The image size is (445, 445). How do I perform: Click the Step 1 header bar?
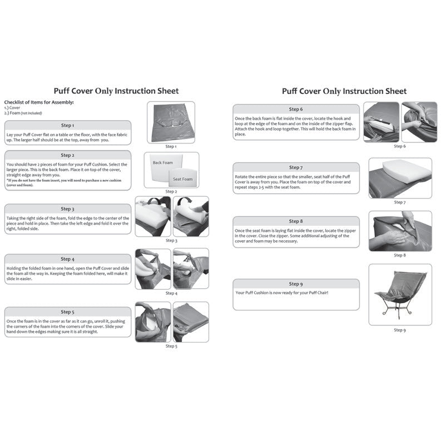[x=67, y=126]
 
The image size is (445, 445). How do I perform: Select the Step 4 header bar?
[x=67, y=259]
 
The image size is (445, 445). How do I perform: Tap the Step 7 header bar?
[x=296, y=167]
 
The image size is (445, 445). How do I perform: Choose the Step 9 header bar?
[x=296, y=284]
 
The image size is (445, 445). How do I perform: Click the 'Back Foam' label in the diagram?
[x=163, y=162]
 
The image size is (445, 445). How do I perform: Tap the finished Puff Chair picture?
[x=400, y=294]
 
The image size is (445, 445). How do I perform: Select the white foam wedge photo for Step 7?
[x=400, y=177]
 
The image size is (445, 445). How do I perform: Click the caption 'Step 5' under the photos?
[x=171, y=346]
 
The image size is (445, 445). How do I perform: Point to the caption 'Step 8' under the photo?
[x=400, y=255]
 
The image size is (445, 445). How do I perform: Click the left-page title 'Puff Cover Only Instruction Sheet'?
[x=116, y=91]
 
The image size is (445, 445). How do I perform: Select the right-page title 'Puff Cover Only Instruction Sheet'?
[x=344, y=91]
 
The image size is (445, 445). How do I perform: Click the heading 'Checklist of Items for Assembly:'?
[x=39, y=102]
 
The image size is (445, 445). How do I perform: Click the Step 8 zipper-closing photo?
[x=400, y=230]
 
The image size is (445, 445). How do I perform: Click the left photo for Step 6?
[x=381, y=122]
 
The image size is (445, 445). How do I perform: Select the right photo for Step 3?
[x=191, y=216]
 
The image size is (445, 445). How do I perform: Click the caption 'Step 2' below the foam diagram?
[x=171, y=192]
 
